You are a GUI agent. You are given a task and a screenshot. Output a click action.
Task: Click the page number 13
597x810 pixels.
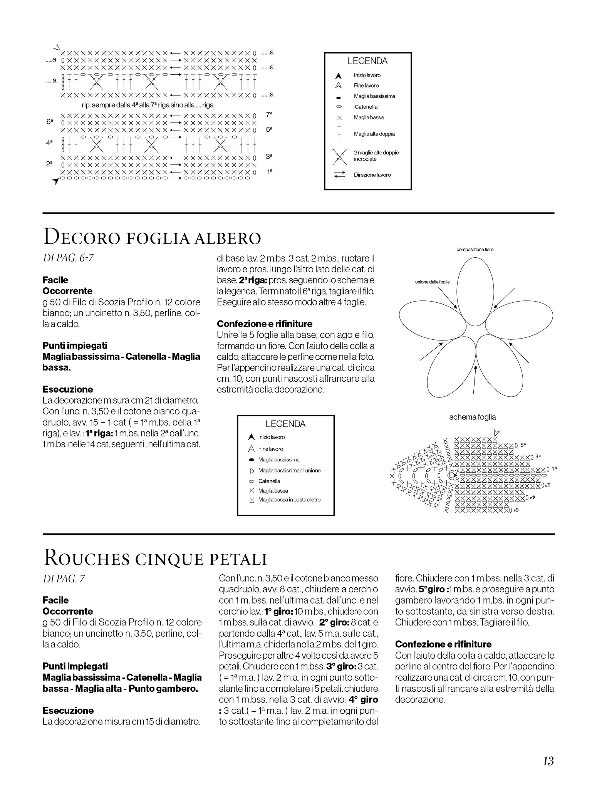[548, 761]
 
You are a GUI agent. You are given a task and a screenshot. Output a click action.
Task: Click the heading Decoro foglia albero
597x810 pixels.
[153, 237]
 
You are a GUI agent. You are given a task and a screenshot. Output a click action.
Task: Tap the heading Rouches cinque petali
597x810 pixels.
[156, 558]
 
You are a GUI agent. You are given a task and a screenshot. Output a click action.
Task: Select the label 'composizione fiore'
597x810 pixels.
[475, 250]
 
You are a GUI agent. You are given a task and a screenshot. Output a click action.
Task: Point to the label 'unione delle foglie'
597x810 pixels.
[432, 282]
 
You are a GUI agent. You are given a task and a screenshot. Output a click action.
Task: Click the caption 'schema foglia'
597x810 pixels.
[472, 417]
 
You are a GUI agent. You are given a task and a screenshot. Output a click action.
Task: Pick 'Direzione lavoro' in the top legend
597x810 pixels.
[372, 175]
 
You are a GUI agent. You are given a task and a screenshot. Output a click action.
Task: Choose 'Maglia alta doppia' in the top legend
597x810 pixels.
[374, 134]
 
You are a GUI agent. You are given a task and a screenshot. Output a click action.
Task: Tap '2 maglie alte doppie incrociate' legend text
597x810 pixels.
[376, 156]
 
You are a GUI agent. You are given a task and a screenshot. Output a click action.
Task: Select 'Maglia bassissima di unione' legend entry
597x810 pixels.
[289, 470]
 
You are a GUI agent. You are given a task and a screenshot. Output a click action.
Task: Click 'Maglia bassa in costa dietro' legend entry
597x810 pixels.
[289, 500]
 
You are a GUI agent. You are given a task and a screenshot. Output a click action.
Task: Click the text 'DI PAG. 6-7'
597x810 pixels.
[68, 258]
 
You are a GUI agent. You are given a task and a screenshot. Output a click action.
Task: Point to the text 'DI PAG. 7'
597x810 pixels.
[64, 579]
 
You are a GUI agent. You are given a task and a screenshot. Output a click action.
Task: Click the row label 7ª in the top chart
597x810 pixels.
[269, 115]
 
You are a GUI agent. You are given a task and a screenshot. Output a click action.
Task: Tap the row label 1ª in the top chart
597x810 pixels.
[269, 172]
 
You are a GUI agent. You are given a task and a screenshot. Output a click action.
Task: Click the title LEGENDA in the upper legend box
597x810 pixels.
[367, 61]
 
